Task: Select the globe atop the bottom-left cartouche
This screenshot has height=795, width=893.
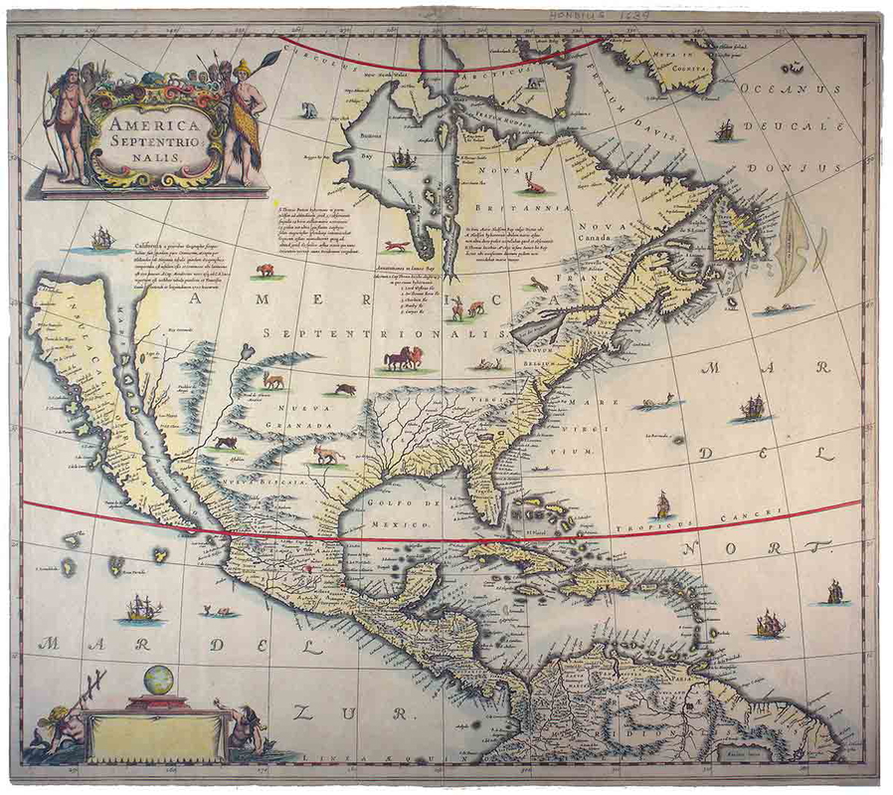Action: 158,681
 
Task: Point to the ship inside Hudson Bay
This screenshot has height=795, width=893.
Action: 402,157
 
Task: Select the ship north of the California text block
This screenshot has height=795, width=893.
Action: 102,238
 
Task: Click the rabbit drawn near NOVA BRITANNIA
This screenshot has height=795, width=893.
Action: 534,183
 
